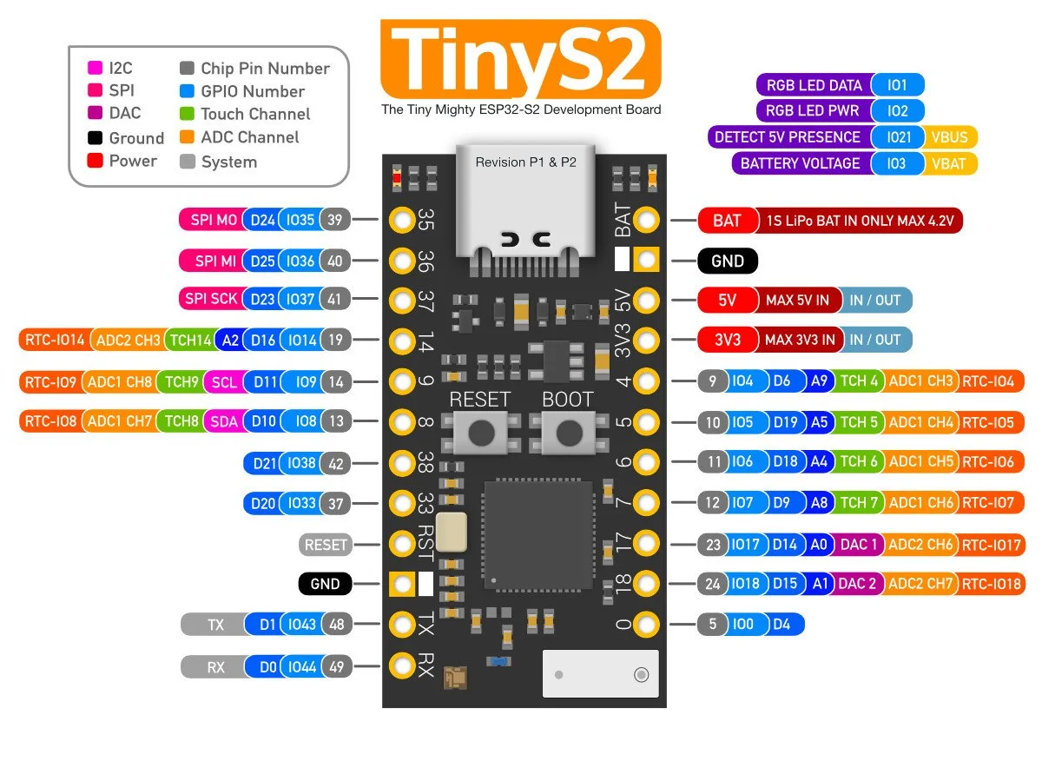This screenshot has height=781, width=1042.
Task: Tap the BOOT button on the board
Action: click(569, 432)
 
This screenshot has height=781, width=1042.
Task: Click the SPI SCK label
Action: click(211, 300)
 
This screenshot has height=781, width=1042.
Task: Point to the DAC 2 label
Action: click(856, 584)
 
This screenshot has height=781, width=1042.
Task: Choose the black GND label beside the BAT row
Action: click(728, 261)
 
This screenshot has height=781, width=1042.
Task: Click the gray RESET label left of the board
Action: click(326, 545)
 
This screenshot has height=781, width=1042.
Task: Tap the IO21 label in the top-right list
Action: click(899, 137)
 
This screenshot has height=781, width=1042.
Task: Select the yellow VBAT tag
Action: click(953, 163)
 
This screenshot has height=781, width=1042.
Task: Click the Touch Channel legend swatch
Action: click(187, 114)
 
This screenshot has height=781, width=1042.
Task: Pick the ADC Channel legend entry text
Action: click(249, 137)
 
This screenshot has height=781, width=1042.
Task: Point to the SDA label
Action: click(224, 421)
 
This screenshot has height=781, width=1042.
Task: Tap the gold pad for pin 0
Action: click(645, 624)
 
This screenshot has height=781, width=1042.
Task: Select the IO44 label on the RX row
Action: click(302, 667)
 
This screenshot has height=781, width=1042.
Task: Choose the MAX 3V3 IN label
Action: click(800, 340)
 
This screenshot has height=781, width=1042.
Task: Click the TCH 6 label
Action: click(858, 462)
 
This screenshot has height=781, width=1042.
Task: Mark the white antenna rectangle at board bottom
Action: click(599, 673)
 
